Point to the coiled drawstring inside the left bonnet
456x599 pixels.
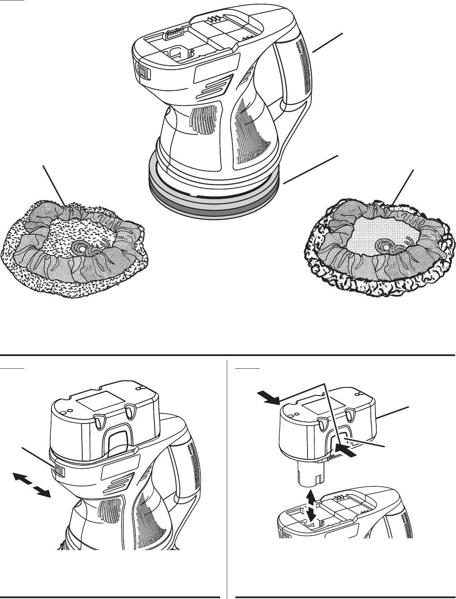click(x=80, y=246)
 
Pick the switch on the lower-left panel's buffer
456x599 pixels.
click(x=58, y=469)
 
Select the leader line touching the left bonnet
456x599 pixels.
click(x=54, y=186)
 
